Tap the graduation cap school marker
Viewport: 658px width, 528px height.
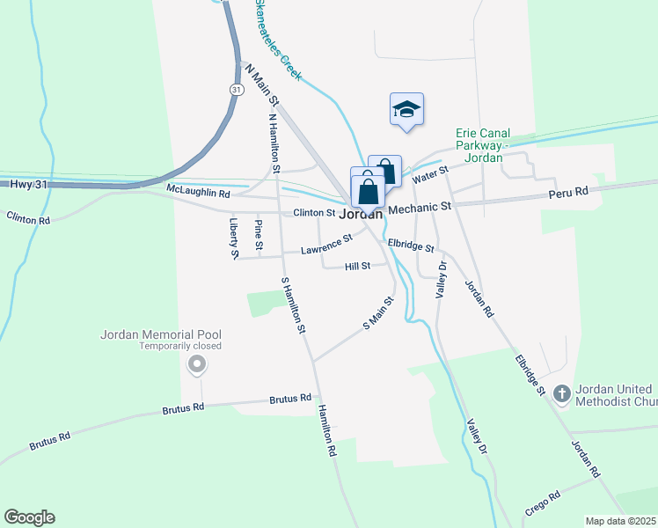[x=406, y=110]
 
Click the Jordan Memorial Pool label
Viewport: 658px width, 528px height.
[x=161, y=334]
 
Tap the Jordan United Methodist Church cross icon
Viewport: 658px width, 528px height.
[x=564, y=394]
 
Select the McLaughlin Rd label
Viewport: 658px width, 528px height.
[x=198, y=191]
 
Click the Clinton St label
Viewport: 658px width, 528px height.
[x=314, y=212]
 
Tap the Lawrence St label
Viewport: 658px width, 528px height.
[x=326, y=245]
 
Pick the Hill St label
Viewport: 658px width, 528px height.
[x=357, y=266]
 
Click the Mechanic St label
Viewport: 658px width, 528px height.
[x=420, y=207]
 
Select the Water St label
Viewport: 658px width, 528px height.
[x=430, y=174]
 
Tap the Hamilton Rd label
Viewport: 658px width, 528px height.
[x=327, y=430]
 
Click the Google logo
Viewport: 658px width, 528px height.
[x=29, y=517]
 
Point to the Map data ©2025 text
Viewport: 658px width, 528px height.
[x=620, y=521]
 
